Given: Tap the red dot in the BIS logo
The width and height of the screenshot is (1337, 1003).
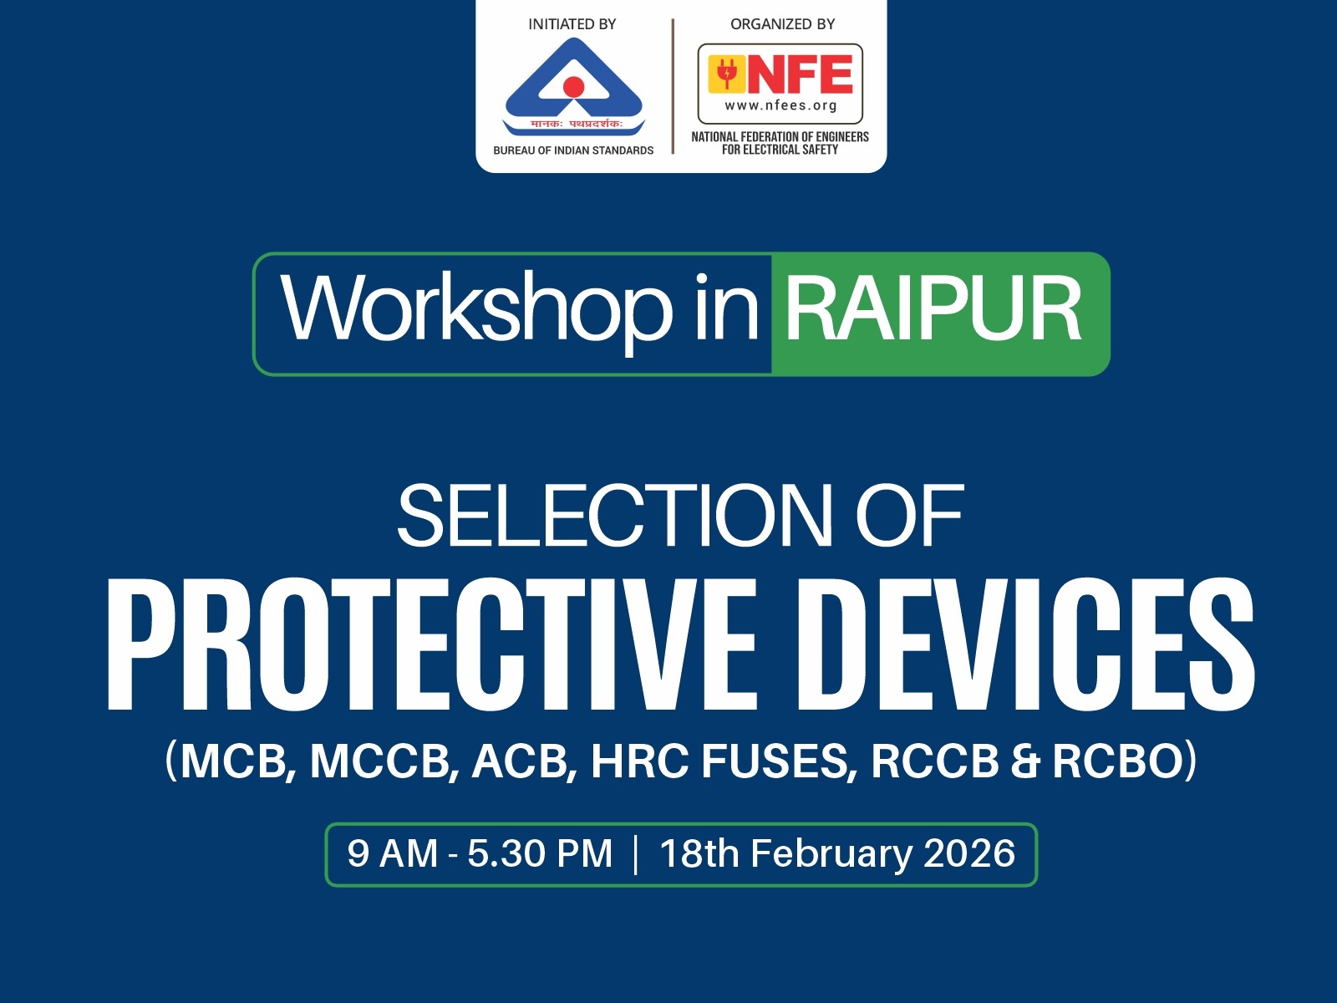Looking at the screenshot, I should click(573, 86).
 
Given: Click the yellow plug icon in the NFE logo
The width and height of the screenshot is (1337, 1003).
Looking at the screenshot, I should click(726, 74).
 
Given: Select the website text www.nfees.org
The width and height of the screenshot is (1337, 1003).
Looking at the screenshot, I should click(780, 105).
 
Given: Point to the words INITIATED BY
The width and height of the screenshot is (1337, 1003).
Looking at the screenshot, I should click(572, 24).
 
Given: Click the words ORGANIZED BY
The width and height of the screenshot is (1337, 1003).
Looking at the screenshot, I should click(782, 24).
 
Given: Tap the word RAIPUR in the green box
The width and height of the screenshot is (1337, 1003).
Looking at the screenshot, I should click(933, 310).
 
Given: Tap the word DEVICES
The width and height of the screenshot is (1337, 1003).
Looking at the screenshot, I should click(1025, 644).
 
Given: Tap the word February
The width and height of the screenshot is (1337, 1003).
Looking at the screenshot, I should click(831, 854).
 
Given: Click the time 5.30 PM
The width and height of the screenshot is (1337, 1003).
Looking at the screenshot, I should click(539, 854).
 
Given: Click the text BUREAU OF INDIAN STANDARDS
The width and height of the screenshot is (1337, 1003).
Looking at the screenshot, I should click(573, 150).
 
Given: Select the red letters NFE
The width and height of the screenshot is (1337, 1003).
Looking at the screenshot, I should click(801, 74).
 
